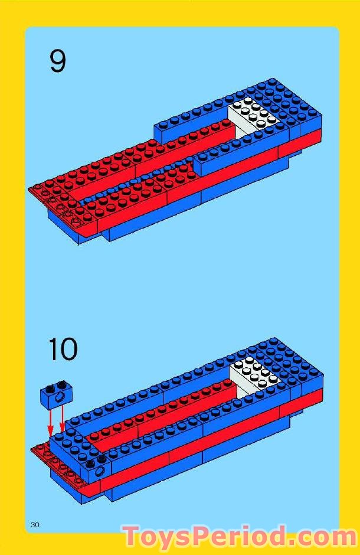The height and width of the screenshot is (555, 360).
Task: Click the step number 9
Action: [x=57, y=61]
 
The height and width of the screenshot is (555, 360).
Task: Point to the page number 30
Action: [x=35, y=524]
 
